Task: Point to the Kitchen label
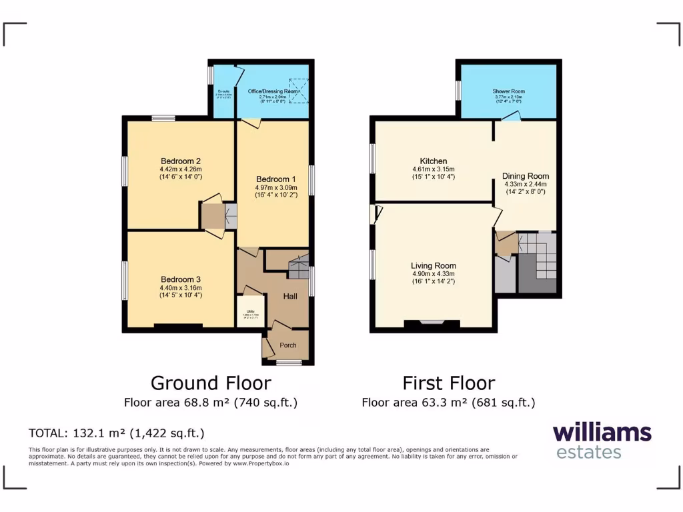pyautogui.click(x=433, y=161)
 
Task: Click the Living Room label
pyautogui.click(x=433, y=265)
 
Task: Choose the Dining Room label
pyautogui.click(x=525, y=176)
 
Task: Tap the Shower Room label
pyautogui.click(x=509, y=91)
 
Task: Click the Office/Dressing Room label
pyautogui.click(x=273, y=91)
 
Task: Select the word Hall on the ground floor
pyautogui.click(x=290, y=296)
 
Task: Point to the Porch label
pyautogui.click(x=288, y=345)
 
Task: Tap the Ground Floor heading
pyautogui.click(x=211, y=383)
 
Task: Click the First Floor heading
pyautogui.click(x=448, y=383)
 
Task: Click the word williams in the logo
pyautogui.click(x=602, y=432)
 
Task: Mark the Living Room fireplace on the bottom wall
pyautogui.click(x=432, y=325)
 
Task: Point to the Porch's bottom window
pyautogui.click(x=289, y=363)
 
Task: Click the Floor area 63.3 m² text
pyautogui.click(x=448, y=403)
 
